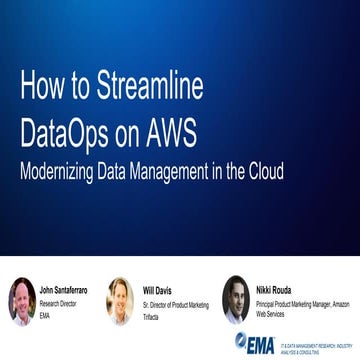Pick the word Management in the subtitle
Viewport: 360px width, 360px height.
pos(166,169)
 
